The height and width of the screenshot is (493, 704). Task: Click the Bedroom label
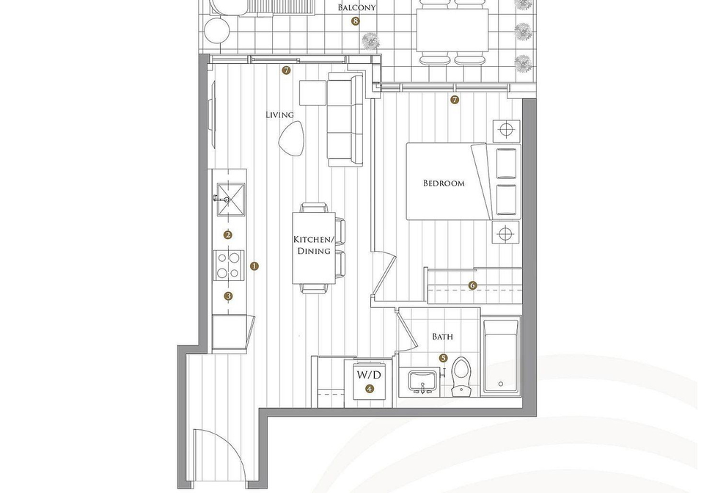click(x=444, y=183)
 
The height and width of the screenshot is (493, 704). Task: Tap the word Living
click(x=279, y=115)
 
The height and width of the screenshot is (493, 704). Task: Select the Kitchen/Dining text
click(x=314, y=245)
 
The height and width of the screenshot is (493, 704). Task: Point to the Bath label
click(x=442, y=336)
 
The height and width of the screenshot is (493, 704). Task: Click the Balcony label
click(x=356, y=7)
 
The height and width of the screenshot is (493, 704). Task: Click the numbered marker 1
click(x=254, y=266)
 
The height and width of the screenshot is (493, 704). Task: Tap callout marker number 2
click(x=228, y=235)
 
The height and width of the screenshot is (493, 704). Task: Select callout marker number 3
click(x=229, y=296)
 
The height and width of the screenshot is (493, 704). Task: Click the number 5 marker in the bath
click(x=444, y=358)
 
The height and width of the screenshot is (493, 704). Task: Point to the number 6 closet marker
click(x=472, y=285)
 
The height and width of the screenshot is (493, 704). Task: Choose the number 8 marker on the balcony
click(x=356, y=21)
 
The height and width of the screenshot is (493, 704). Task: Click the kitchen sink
click(x=231, y=200)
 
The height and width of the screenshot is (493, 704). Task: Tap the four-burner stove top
click(x=229, y=266)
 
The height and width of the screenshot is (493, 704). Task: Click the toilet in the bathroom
click(x=461, y=376)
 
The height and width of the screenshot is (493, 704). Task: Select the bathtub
click(x=501, y=356)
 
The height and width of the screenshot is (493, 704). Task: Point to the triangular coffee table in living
click(x=291, y=139)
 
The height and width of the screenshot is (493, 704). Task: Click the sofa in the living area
click(x=345, y=120)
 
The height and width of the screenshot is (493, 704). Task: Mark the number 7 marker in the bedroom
click(x=455, y=100)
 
